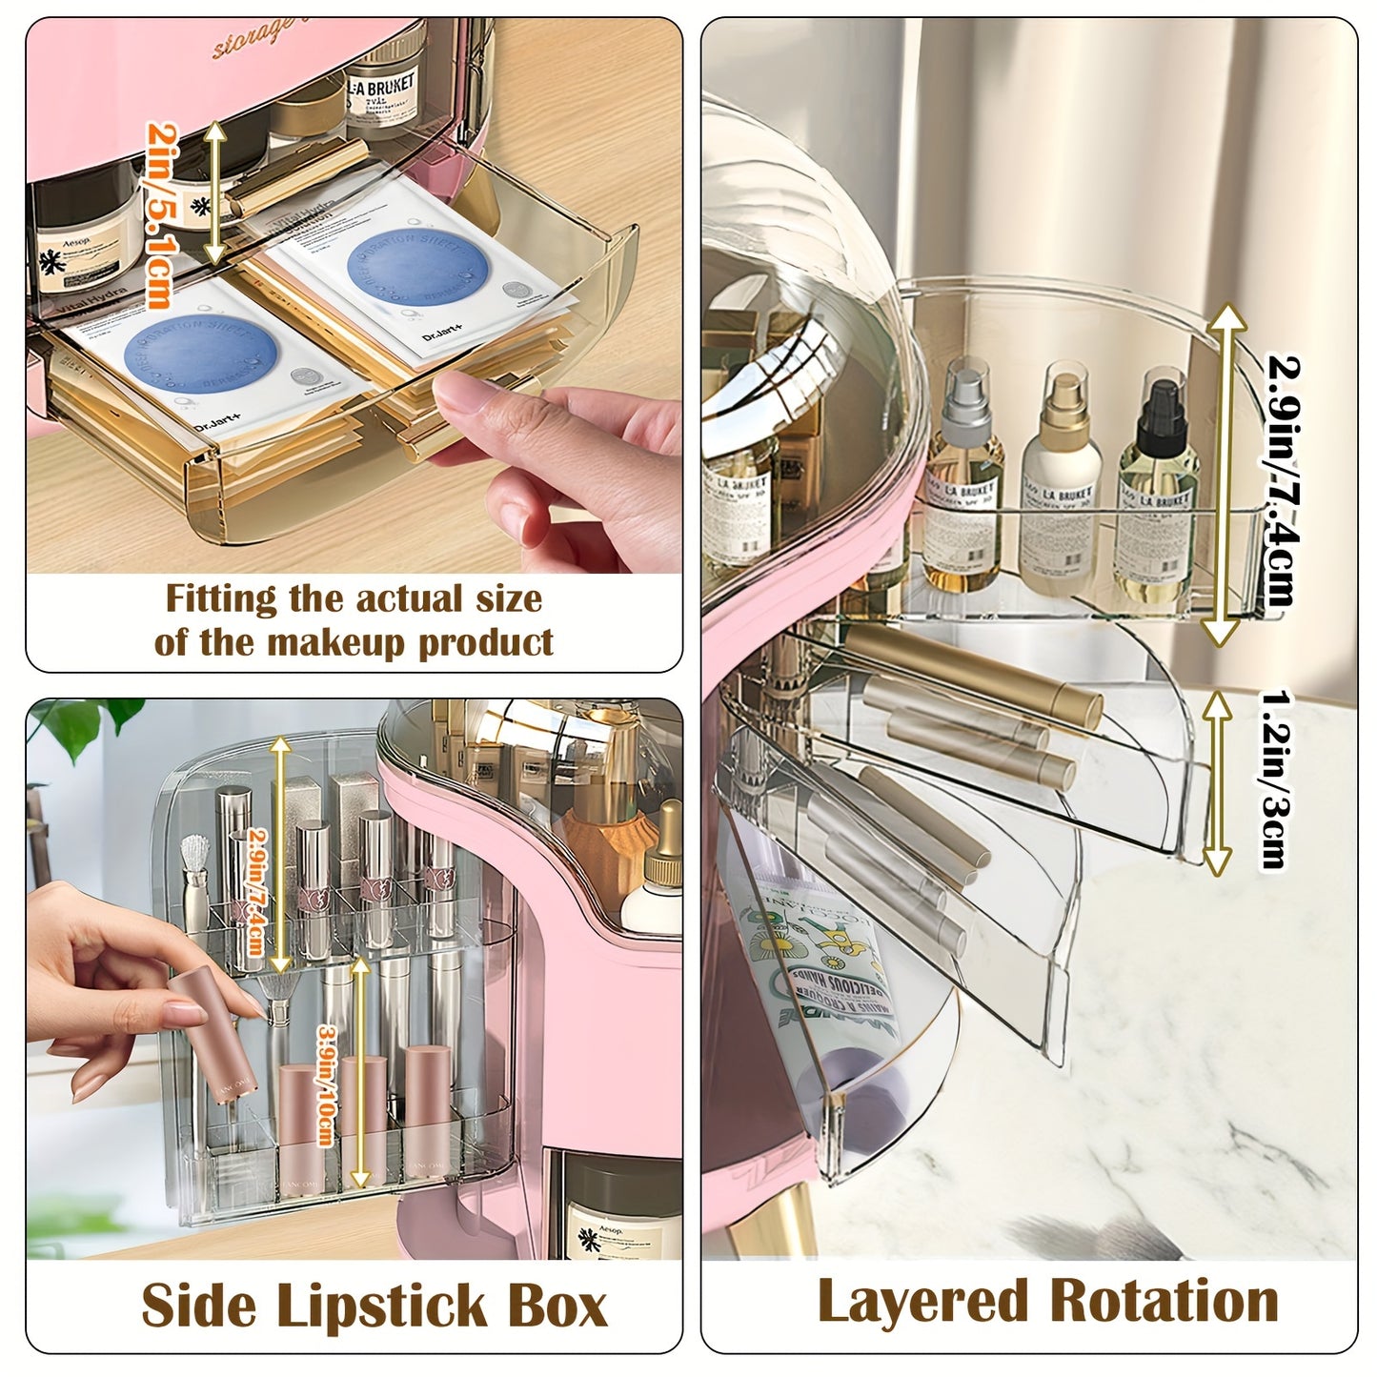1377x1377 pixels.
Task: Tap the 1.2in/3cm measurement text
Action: pos(1272,780)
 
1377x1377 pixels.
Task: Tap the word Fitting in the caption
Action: pos(220,599)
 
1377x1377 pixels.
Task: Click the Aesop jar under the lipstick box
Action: pos(609,1210)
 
